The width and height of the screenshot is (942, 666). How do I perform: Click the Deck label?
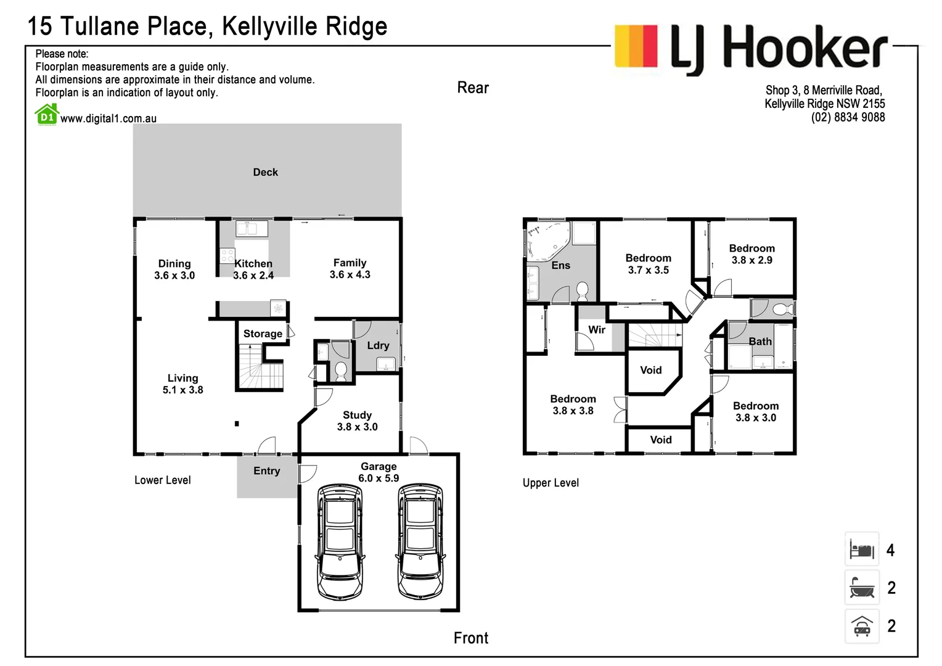point(265,172)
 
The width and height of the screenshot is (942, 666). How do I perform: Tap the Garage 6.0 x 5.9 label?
point(379,472)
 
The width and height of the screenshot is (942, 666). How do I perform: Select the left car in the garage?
point(339,541)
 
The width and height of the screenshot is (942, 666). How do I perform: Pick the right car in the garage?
point(420,541)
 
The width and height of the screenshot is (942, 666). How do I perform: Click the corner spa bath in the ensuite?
point(546,242)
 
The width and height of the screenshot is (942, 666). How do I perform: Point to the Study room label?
point(357,421)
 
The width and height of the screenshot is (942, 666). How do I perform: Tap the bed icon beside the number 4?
point(861,549)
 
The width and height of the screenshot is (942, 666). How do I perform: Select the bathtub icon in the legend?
point(861,587)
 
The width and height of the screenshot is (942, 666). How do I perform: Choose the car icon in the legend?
point(861,626)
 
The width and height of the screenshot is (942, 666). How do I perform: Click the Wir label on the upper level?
point(596,329)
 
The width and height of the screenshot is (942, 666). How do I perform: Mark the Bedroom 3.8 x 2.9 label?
point(752,254)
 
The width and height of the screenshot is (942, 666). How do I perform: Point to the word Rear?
point(473,88)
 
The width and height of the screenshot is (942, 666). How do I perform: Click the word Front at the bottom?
point(471,638)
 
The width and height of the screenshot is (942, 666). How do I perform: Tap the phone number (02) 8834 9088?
point(848,117)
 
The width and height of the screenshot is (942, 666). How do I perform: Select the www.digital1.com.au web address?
point(108,118)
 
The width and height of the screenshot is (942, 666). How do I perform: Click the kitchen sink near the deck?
point(252,229)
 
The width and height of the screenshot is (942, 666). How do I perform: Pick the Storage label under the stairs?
point(263,334)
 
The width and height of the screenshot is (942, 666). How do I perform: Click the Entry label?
point(266,471)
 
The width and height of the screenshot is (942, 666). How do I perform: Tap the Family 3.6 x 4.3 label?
point(350,268)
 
